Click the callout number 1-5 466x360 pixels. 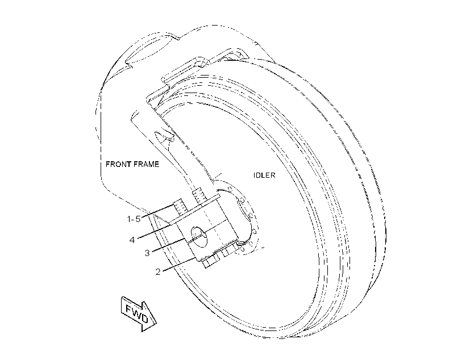click(134, 219)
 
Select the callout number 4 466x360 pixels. click(132, 240)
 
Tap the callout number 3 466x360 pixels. click(147, 253)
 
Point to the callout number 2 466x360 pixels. click(158, 271)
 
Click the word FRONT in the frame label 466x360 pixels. click(118, 164)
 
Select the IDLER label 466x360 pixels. click(264, 175)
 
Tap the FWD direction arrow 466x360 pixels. click(139, 313)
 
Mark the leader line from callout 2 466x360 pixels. click(179, 265)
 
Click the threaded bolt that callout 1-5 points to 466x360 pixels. click(180, 207)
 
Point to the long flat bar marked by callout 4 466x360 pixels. click(195, 209)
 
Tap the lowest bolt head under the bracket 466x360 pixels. click(211, 261)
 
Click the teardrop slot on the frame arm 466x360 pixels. click(164, 136)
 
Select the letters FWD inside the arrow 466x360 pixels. click(137, 313)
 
